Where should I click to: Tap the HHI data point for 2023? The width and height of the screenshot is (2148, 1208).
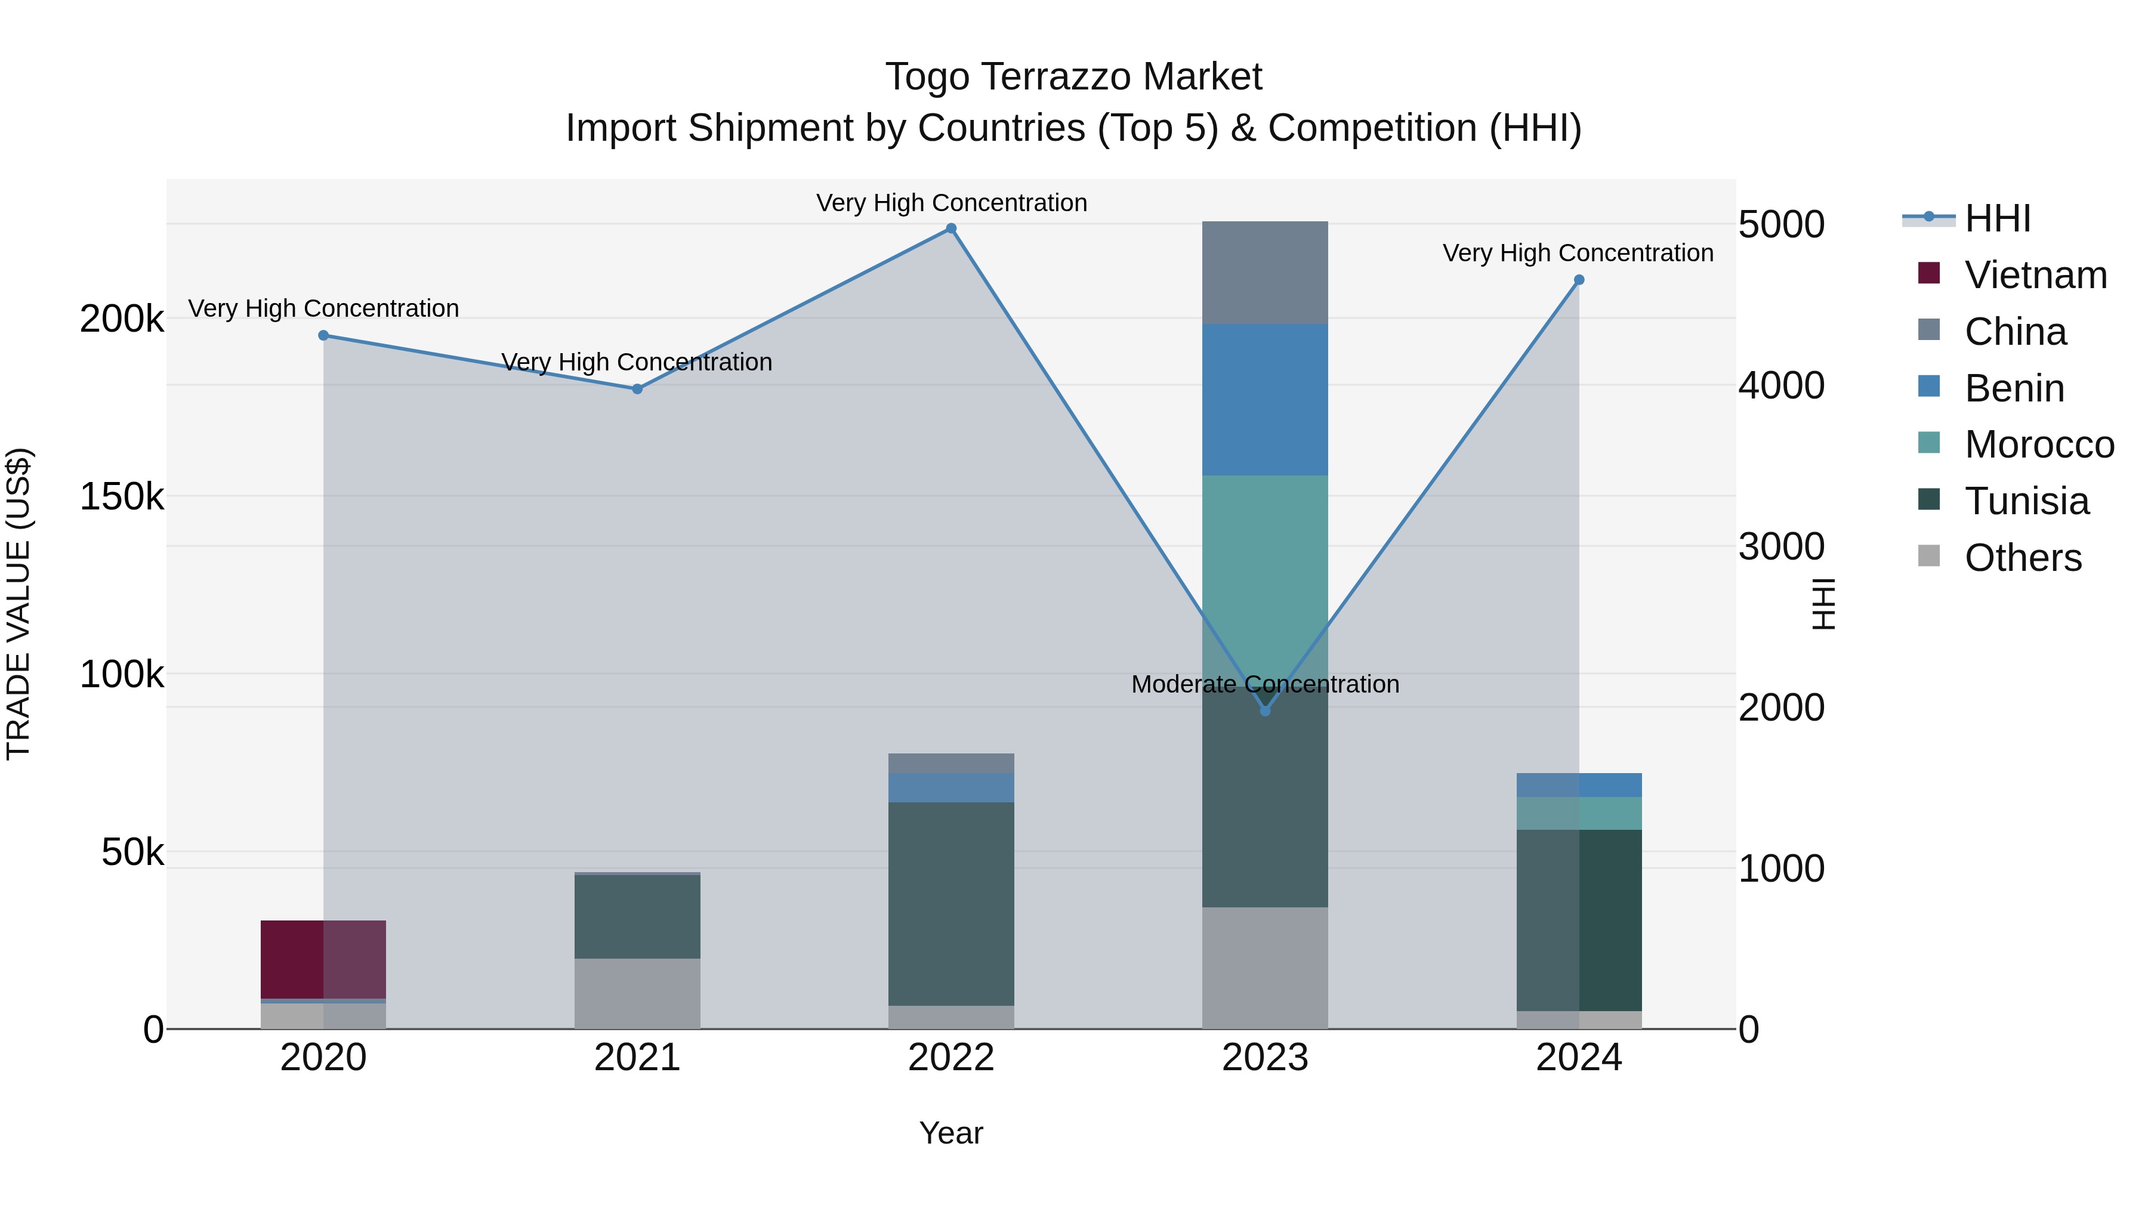point(1265,711)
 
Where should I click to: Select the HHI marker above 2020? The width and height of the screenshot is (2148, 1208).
point(323,335)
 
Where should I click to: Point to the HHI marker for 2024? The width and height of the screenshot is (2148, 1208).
point(1578,280)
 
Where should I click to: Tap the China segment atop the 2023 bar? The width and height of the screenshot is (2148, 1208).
point(1265,273)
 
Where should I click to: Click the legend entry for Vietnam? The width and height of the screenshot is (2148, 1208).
point(2035,275)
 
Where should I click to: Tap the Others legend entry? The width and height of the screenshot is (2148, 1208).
point(2022,558)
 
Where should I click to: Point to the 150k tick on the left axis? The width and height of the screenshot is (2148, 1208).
point(122,497)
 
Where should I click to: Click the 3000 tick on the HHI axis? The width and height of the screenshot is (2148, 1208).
point(1781,547)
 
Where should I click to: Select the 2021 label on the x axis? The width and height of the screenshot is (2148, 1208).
point(637,1058)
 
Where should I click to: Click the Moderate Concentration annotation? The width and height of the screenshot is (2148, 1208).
point(1265,684)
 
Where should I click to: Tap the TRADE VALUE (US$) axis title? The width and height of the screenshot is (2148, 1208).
point(19,604)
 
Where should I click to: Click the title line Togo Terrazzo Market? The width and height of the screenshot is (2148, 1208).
point(1073,77)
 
